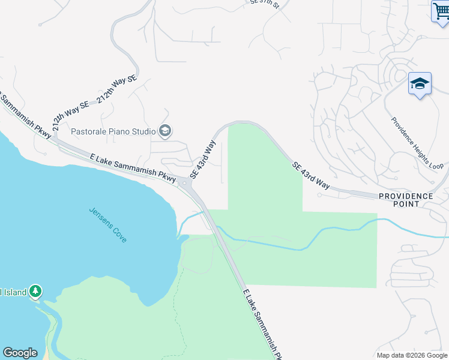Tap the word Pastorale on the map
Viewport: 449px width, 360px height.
pyautogui.click(x=89, y=131)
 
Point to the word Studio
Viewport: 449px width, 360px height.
pyautogui.click(x=144, y=131)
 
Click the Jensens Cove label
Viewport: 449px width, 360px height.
pyautogui.click(x=108, y=224)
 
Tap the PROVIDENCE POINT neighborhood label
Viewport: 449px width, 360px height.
pyautogui.click(x=405, y=200)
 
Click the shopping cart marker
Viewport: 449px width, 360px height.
pyautogui.click(x=441, y=11)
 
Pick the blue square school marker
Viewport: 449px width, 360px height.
pyautogui.click(x=420, y=84)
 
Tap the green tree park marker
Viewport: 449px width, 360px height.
pyautogui.click(x=35, y=292)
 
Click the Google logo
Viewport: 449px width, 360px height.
pyautogui.click(x=20, y=353)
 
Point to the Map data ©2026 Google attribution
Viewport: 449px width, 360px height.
pyautogui.click(x=412, y=355)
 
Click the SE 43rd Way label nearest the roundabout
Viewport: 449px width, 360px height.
pyautogui.click(x=203, y=160)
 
